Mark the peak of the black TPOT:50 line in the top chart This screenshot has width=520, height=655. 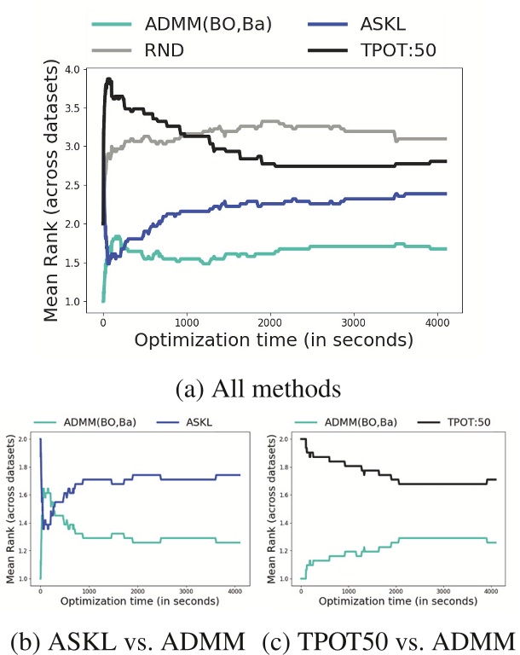coord(108,79)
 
